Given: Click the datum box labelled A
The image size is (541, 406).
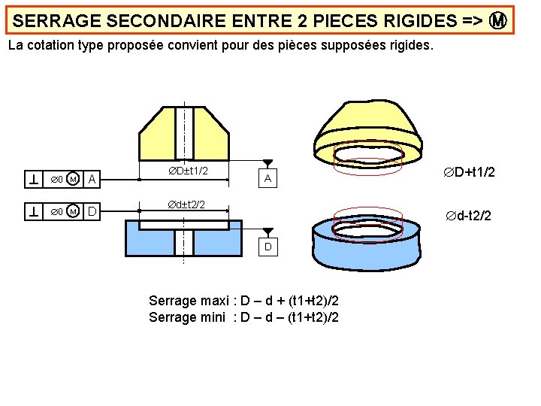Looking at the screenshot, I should [267, 179].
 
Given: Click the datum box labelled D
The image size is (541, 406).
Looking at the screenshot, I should [267, 247].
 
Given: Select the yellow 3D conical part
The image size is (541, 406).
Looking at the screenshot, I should [368, 124].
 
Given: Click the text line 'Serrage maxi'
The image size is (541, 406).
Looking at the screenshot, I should [243, 301].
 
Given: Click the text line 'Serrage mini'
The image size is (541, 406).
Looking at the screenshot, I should [243, 317].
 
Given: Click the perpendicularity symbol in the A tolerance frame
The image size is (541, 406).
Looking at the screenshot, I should [34, 179].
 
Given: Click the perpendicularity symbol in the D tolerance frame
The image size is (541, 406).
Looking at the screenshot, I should [34, 212].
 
